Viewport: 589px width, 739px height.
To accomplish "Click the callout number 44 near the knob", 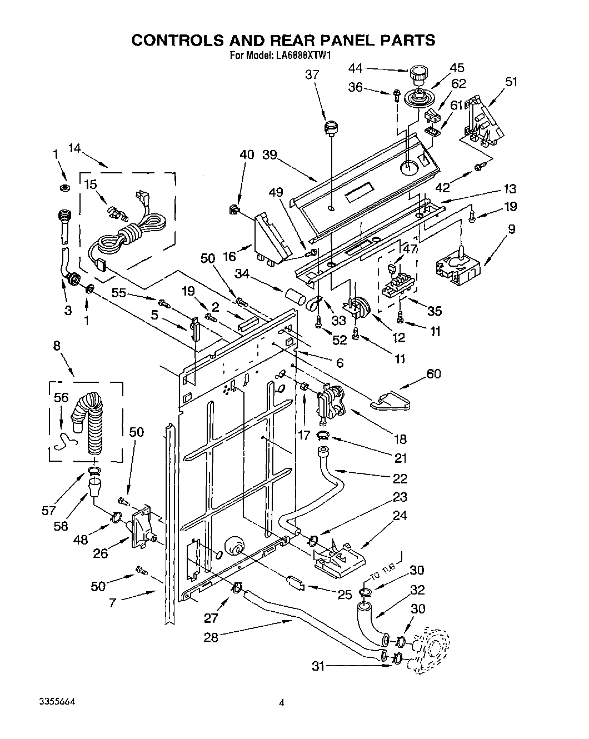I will point(355,68).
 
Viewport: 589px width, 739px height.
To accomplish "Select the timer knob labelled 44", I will point(418,73).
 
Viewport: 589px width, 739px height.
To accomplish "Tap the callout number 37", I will point(313,74).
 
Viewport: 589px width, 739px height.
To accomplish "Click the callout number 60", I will point(433,373).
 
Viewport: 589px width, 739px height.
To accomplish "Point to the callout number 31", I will point(318,666).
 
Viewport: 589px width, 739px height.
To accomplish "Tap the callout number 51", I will point(511,82).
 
